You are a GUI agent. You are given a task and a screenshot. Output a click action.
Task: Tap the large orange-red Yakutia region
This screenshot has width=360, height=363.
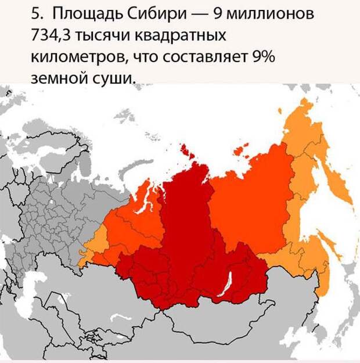tap(250, 197)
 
